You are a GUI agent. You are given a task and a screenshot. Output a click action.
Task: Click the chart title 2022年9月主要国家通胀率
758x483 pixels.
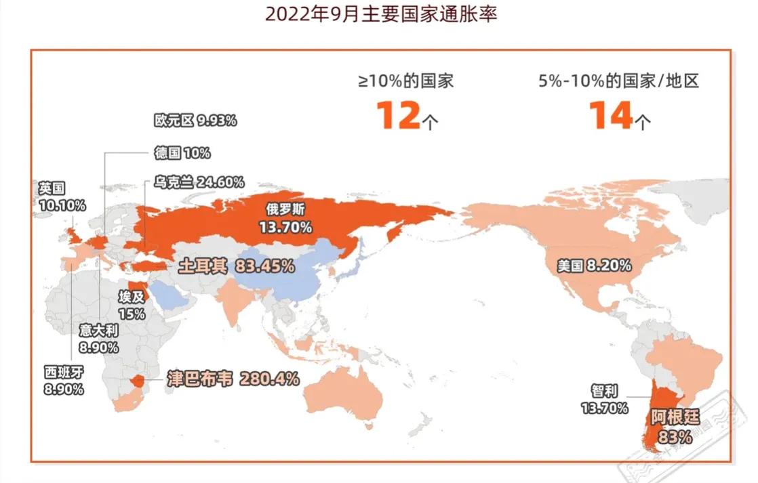click(380, 14)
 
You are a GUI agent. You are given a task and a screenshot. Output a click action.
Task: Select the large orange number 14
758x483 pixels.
click(610, 114)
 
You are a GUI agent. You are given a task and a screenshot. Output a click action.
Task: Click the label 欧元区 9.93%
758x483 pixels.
click(195, 121)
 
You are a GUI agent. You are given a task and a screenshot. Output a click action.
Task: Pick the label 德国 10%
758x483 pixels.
click(182, 153)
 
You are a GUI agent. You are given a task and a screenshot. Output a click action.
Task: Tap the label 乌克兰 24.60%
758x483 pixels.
click(199, 182)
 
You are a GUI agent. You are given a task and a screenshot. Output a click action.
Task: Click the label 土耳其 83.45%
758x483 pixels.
click(236, 266)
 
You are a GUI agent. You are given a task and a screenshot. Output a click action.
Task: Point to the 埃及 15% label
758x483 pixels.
click(132, 306)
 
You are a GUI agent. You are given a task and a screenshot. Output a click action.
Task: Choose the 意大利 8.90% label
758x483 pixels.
click(98, 339)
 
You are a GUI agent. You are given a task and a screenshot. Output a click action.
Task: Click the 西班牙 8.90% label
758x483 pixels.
click(65, 380)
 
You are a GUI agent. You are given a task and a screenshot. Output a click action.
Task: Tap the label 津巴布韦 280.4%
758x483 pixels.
click(233, 379)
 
